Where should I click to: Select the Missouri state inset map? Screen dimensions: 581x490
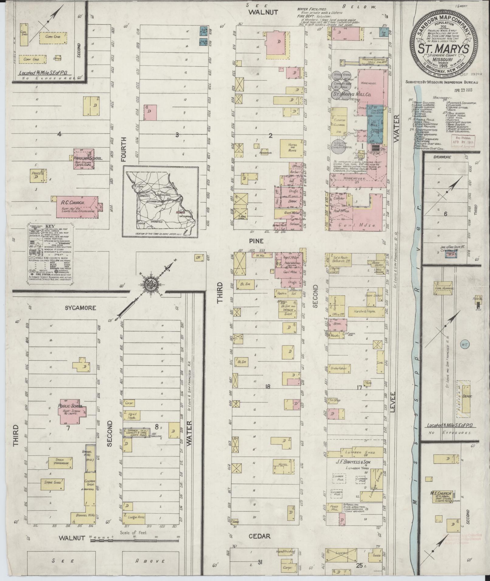point(160,202)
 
